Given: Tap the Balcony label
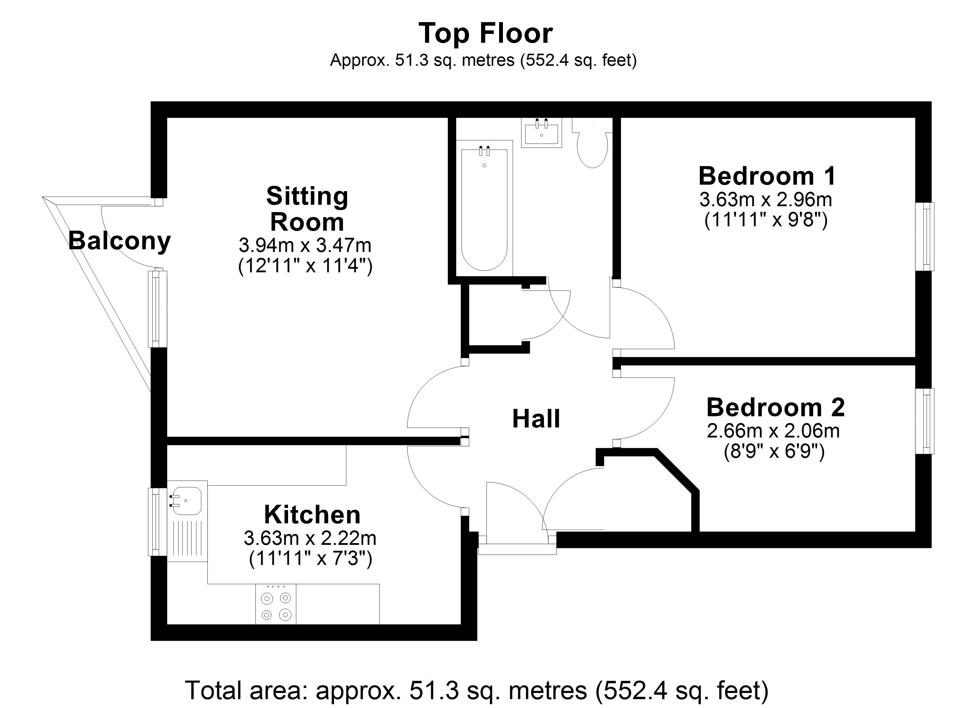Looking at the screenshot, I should [x=119, y=241].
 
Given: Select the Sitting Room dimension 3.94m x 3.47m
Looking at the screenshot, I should [x=305, y=246].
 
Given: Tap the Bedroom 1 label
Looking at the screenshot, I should [x=767, y=176].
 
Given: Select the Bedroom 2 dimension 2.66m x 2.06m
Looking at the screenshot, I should [x=773, y=431].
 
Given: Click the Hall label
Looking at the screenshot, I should [x=536, y=419].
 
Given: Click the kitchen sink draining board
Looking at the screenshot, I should [x=188, y=537].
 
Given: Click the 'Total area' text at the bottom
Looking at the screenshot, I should [x=477, y=690].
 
